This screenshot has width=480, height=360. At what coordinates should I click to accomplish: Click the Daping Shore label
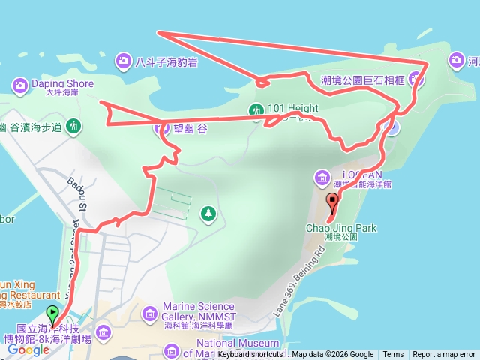click(64, 83)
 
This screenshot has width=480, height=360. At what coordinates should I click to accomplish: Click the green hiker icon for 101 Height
click(256, 110)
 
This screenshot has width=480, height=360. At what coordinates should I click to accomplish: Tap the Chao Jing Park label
click(341, 228)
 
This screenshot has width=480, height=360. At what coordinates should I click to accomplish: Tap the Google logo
click(28, 349)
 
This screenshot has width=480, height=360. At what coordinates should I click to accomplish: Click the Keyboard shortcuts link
click(250, 355)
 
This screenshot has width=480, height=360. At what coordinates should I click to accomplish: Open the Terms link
click(393, 355)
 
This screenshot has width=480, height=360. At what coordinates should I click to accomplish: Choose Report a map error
click(444, 355)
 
